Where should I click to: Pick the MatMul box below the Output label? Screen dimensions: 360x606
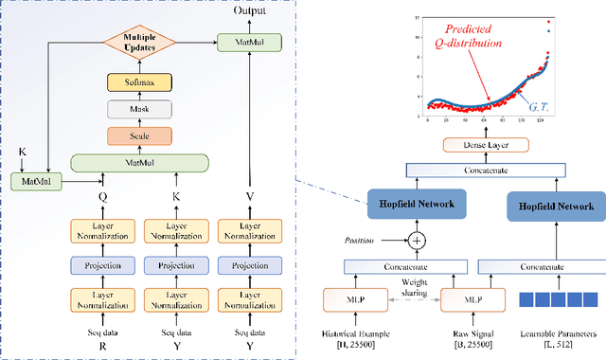[x=236, y=42]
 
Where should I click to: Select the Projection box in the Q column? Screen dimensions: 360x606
[x=98, y=265]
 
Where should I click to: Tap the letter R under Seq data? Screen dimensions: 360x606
[x=98, y=346]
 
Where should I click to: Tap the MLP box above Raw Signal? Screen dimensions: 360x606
[x=477, y=300]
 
